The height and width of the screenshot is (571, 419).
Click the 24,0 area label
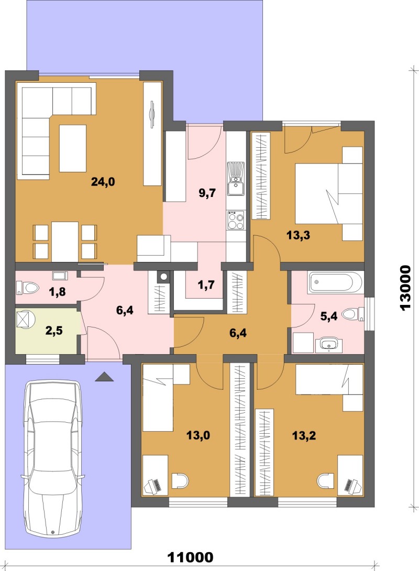coord(103,181)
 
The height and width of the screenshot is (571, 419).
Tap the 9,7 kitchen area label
coord(207,193)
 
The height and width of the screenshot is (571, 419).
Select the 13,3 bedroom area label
coord(298,235)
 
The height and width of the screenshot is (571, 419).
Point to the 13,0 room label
coord(198,435)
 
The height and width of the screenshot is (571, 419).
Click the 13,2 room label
coord(304,435)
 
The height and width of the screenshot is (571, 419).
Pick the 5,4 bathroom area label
coord(329,316)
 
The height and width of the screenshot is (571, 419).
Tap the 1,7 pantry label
coord(206,285)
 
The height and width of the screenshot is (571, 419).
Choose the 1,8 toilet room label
coord(57,292)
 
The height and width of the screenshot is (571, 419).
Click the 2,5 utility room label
coord(54,331)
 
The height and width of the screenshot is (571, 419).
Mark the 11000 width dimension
coord(191,557)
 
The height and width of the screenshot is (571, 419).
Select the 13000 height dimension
coord(405,288)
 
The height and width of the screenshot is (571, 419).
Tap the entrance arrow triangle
coord(104,377)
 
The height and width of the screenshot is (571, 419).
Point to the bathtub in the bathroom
coord(336,282)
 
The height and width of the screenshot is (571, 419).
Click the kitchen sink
coord(236,184)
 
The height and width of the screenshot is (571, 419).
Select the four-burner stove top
coord(236,220)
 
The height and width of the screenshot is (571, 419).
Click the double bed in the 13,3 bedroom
coord(329,193)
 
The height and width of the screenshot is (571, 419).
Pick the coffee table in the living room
coord(73,148)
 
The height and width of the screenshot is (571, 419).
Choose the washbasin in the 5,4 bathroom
coord(329,345)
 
